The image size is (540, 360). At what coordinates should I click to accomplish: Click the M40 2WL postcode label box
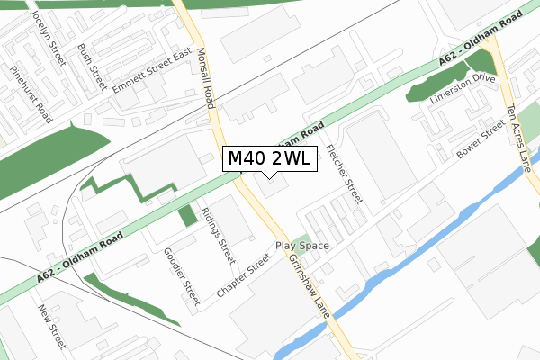click(269, 159)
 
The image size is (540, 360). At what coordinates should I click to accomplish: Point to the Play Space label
click(302, 246)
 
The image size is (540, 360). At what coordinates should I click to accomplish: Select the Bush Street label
click(92, 67)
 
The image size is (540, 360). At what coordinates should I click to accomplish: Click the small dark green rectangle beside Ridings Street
click(187, 216)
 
